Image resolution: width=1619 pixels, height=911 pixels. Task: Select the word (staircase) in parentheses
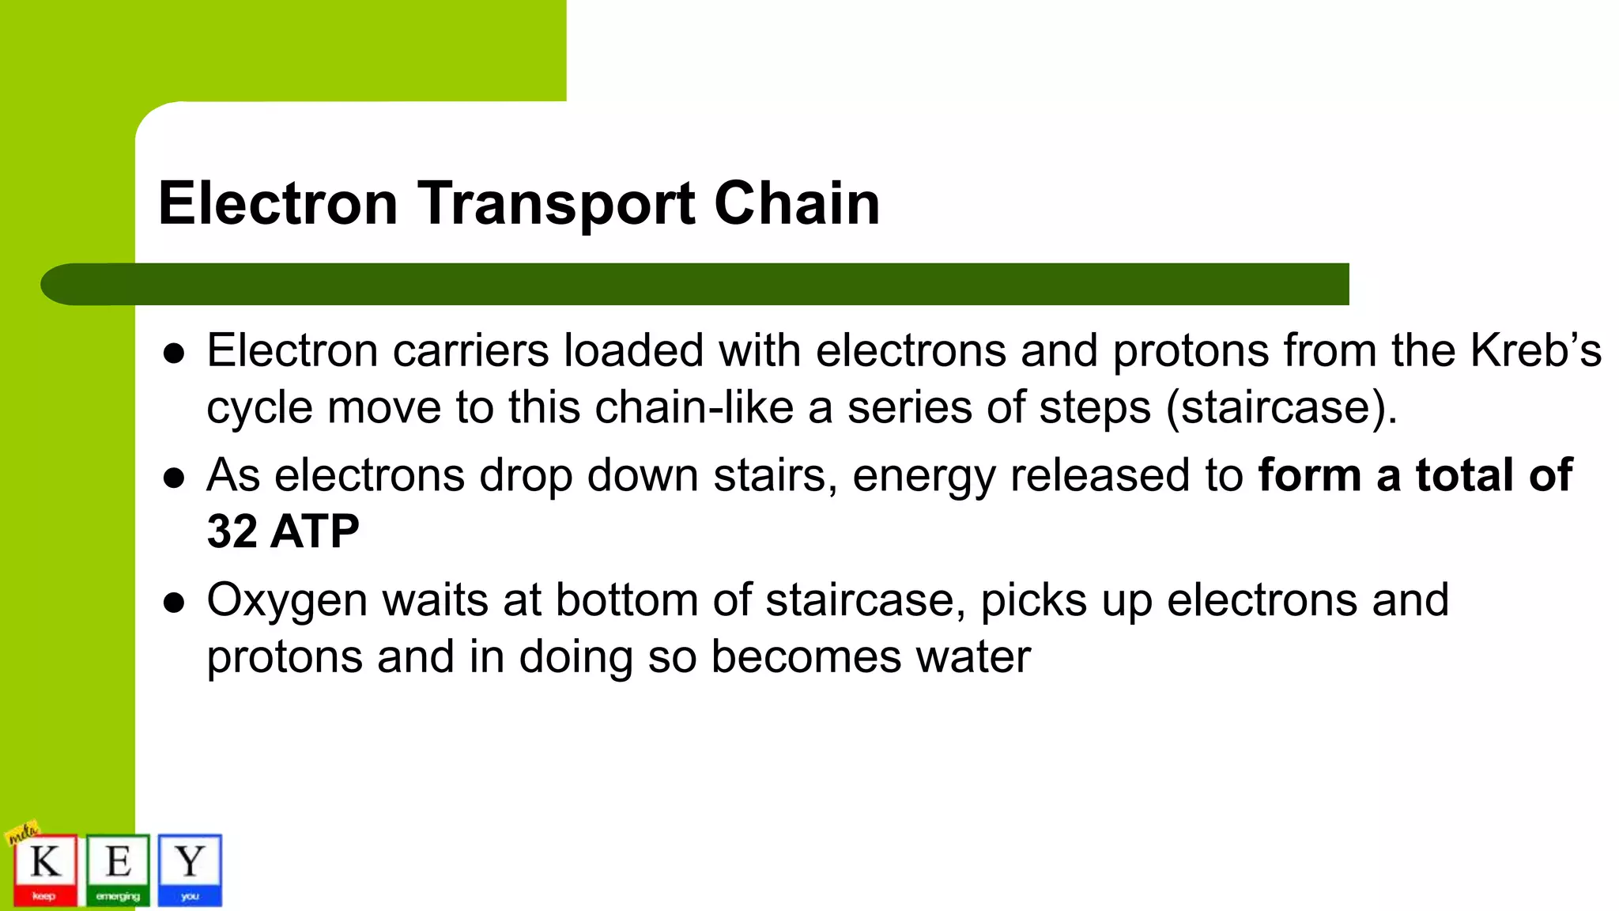1281,408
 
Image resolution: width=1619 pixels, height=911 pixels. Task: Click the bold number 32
232,531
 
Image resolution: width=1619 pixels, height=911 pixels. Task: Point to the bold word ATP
315,531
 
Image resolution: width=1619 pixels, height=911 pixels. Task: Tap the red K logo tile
45,869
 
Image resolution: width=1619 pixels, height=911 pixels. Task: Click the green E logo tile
118,869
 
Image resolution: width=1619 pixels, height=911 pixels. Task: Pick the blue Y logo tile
190,869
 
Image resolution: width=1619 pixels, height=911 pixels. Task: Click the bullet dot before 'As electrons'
173,478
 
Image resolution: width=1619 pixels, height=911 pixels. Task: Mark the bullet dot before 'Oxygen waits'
173,603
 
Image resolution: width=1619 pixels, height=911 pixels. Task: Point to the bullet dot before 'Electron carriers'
173,353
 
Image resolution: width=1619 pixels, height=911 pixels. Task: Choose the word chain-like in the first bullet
693,408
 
